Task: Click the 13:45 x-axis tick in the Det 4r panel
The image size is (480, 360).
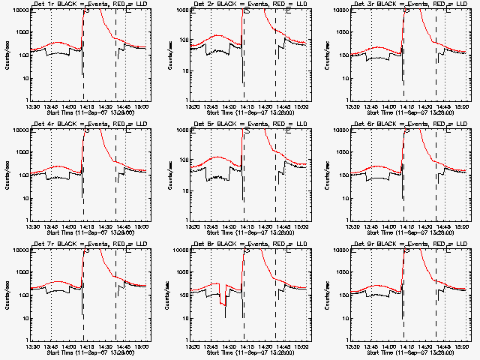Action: (x=51, y=227)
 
